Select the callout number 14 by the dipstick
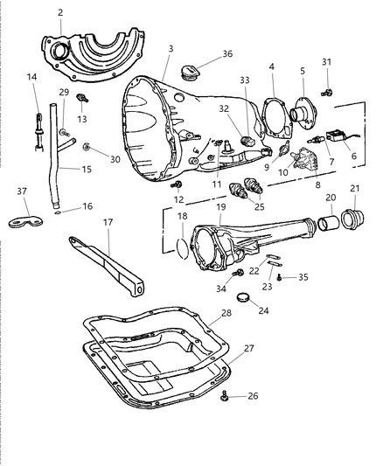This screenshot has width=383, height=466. pyautogui.click(x=33, y=78)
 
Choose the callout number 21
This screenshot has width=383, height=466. pyautogui.click(x=353, y=189)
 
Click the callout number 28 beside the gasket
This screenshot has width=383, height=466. pyautogui.click(x=226, y=313)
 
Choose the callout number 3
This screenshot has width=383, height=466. pyautogui.click(x=171, y=49)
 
